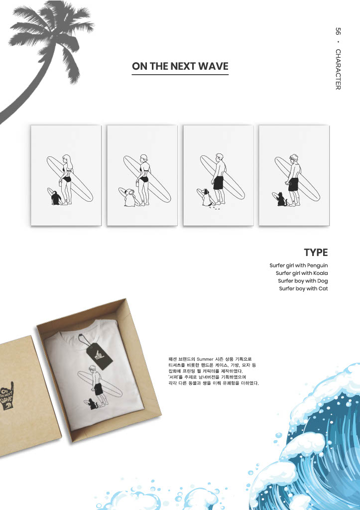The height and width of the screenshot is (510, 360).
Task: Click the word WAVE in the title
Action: click(213, 66)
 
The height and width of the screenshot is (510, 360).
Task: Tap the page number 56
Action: click(338, 31)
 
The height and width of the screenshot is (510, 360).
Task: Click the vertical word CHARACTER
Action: click(338, 69)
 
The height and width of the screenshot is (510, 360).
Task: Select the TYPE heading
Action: click(316, 253)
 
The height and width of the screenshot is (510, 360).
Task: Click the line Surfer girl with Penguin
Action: click(299, 266)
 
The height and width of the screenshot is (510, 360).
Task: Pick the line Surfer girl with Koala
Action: click(302, 273)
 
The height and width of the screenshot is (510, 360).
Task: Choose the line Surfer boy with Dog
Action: click(303, 281)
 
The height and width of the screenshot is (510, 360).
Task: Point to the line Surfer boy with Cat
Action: click(303, 288)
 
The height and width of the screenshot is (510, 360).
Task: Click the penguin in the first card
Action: click(56, 198)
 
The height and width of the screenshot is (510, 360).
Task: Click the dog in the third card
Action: click(207, 197)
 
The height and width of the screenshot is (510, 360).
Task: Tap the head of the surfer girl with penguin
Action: click(67, 159)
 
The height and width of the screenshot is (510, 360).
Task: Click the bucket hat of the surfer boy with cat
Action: click(294, 157)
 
